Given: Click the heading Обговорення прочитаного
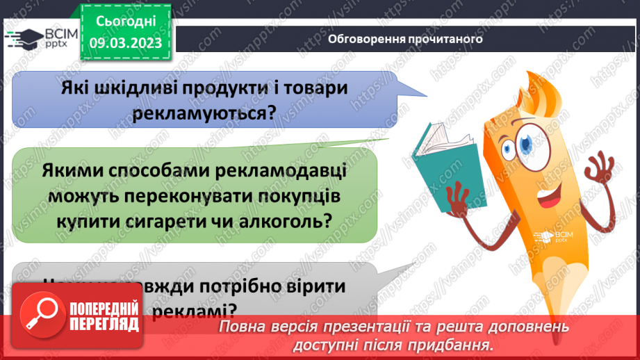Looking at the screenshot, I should pyautogui.click(x=405, y=39).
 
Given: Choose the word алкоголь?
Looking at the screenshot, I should pyautogui.click(x=288, y=221).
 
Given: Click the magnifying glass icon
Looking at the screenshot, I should pyautogui.click(x=40, y=313).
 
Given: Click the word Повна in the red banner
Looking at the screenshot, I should pyautogui.click(x=244, y=327).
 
